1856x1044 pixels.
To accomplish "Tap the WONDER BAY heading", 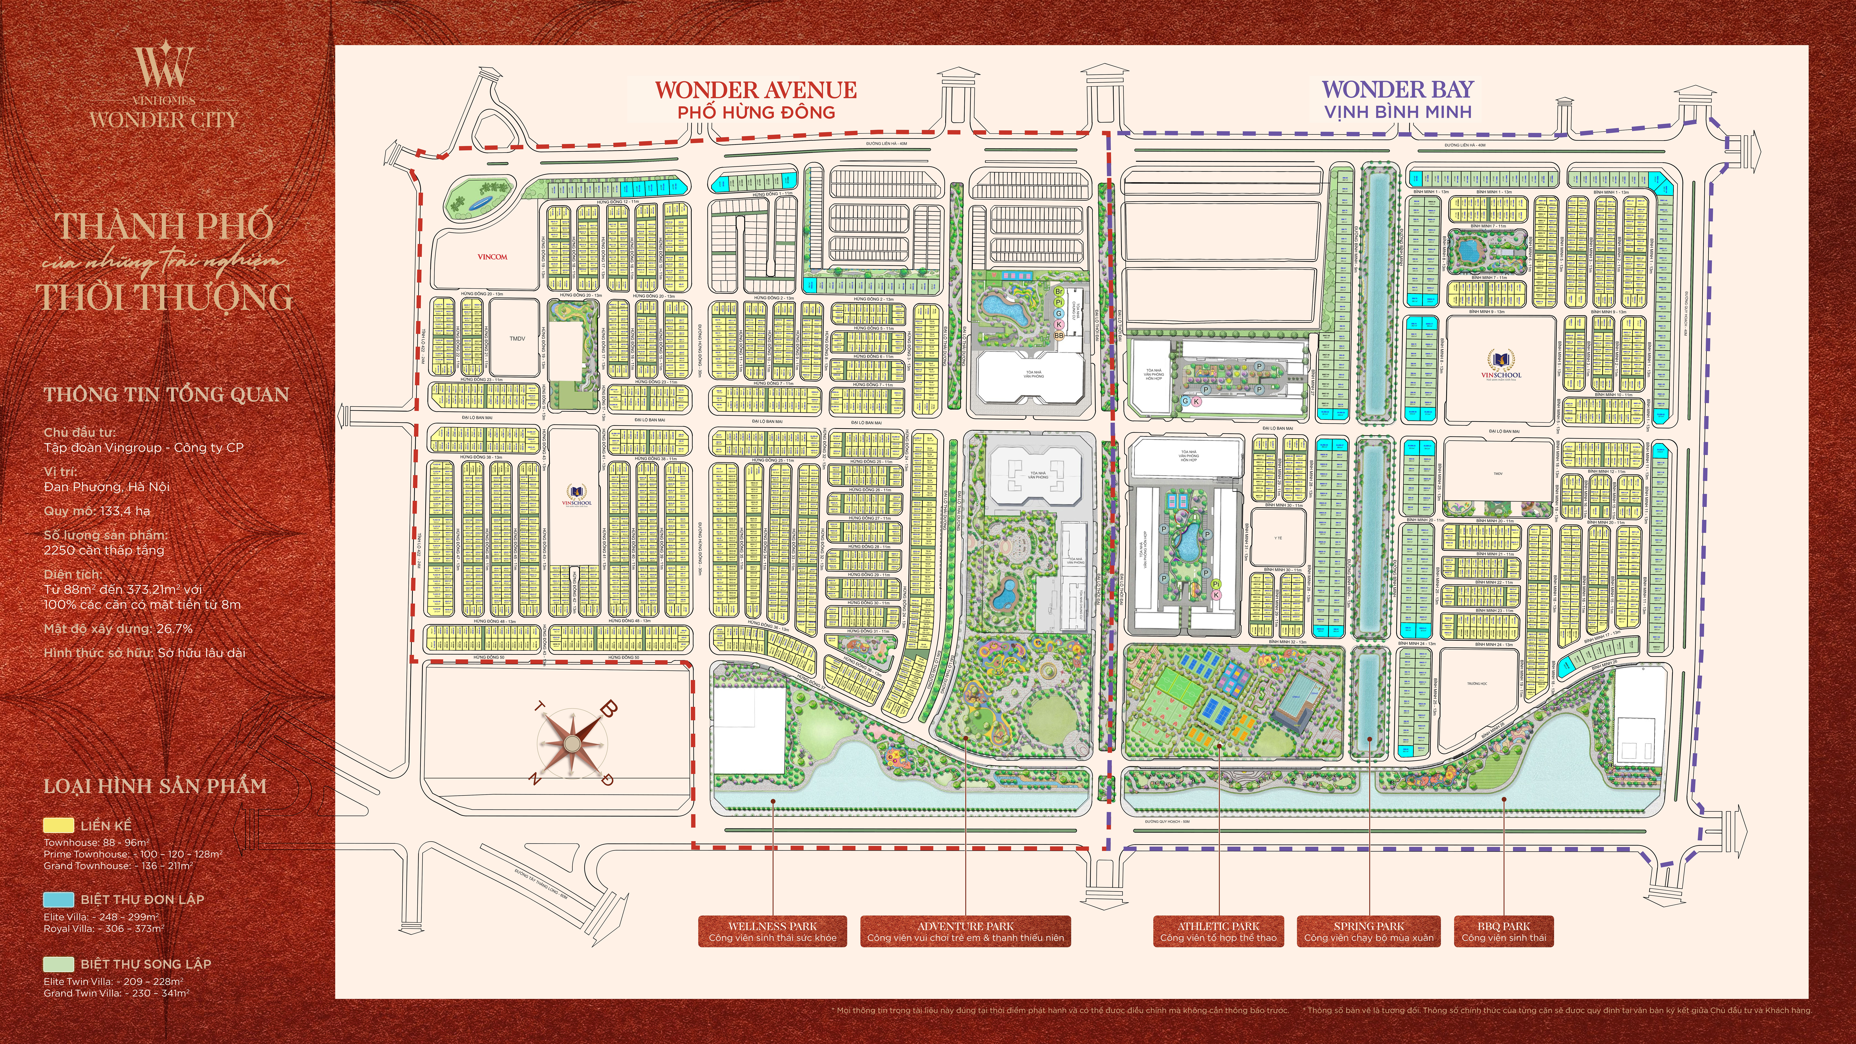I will tap(1398, 89).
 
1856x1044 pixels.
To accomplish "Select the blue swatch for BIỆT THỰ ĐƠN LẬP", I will tap(58, 899).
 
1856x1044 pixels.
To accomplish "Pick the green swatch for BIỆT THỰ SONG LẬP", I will tap(58, 964).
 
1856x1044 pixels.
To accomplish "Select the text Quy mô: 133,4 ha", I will tap(97, 511).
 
